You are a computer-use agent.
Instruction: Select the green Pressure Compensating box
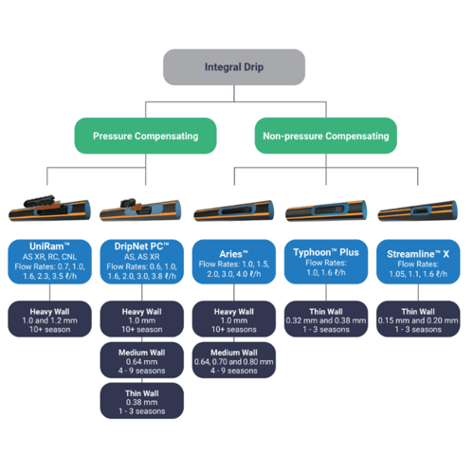pos(145,137)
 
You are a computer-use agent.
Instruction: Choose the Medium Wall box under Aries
pos(235,360)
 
